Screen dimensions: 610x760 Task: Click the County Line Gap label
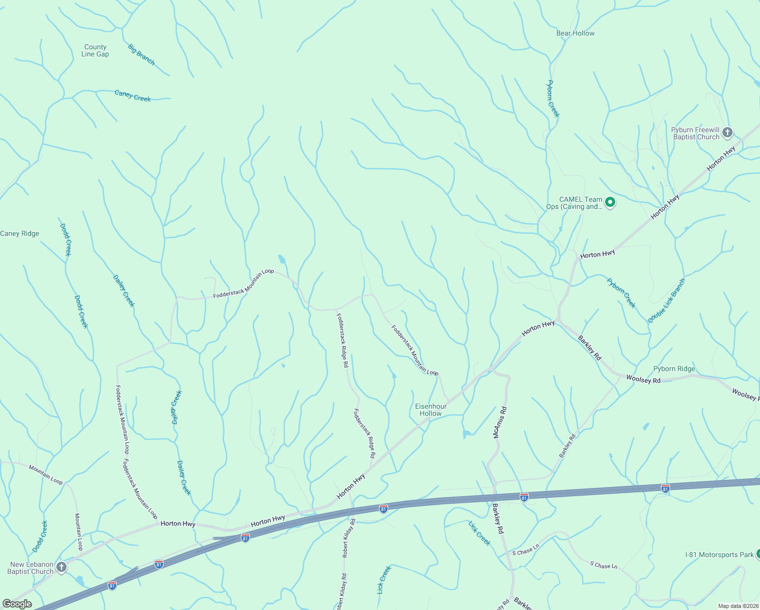95,50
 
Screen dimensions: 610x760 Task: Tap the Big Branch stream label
141,55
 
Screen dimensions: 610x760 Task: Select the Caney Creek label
133,96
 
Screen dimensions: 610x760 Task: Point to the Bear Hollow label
575,33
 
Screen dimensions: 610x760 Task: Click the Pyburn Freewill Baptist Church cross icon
727,133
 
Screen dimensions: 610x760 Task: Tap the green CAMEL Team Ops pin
610,202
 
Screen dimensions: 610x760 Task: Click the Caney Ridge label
20,233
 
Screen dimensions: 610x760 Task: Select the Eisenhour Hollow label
431,410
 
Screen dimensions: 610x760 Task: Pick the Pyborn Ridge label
674,369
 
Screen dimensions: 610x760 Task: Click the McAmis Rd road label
499,422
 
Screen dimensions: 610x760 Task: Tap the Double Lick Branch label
667,300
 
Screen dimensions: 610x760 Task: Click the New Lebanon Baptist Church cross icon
61,567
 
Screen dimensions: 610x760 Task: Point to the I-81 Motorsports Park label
719,555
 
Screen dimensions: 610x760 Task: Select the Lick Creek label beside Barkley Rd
480,533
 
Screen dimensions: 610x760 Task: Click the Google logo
17,603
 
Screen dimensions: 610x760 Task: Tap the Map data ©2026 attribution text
738,606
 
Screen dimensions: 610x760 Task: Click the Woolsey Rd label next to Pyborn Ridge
643,379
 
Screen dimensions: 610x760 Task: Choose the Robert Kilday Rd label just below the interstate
349,538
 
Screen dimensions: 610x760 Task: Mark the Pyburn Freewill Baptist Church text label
695,133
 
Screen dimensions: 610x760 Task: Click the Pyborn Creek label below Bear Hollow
553,99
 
